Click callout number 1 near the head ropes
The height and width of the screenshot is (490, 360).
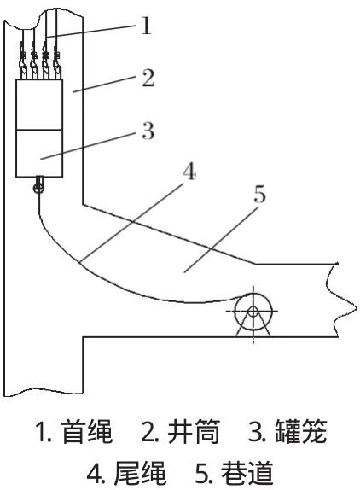point(146,26)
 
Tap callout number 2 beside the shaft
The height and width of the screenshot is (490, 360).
point(148,79)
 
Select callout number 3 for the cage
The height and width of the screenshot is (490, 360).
point(148,131)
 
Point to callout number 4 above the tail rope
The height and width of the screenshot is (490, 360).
point(190,172)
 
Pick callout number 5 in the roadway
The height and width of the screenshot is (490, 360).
point(259,194)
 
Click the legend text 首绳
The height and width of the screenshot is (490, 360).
point(88,432)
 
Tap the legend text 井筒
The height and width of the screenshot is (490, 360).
point(194,432)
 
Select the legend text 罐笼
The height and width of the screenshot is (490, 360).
point(301,432)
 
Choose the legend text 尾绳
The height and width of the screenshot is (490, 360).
point(140,473)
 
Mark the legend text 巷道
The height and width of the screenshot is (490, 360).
point(247,473)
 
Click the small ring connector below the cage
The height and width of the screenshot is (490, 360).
point(38,188)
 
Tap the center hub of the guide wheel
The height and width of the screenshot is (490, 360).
point(253,312)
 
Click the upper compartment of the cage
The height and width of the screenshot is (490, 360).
point(39,104)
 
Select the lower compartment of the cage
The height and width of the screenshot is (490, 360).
point(39,154)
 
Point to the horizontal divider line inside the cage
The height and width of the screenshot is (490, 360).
point(39,130)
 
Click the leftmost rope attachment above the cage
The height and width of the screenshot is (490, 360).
point(23,60)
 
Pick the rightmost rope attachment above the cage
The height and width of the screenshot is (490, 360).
point(57,60)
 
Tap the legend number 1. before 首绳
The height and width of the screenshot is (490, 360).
point(44,432)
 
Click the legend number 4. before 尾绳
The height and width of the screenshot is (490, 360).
point(97,473)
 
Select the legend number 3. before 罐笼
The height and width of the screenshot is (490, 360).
point(258,432)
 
